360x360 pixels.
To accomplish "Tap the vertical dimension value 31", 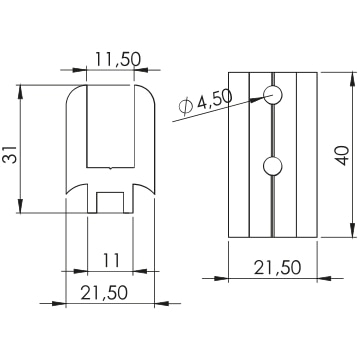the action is pyautogui.click(x=10, y=154).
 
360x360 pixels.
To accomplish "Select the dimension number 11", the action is pyautogui.click(x=111, y=260).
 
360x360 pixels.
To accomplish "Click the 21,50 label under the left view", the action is pyautogui.click(x=104, y=292).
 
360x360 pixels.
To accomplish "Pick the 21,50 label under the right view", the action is pyautogui.click(x=277, y=267).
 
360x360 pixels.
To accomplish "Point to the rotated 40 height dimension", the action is pyautogui.click(x=341, y=155).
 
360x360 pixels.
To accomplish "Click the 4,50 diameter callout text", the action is pyautogui.click(x=214, y=100).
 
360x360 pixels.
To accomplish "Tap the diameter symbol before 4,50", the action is pyautogui.click(x=186, y=107).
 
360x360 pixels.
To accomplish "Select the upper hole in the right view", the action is pyautogui.click(x=273, y=95).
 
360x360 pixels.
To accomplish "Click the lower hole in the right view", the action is pyautogui.click(x=273, y=166).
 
